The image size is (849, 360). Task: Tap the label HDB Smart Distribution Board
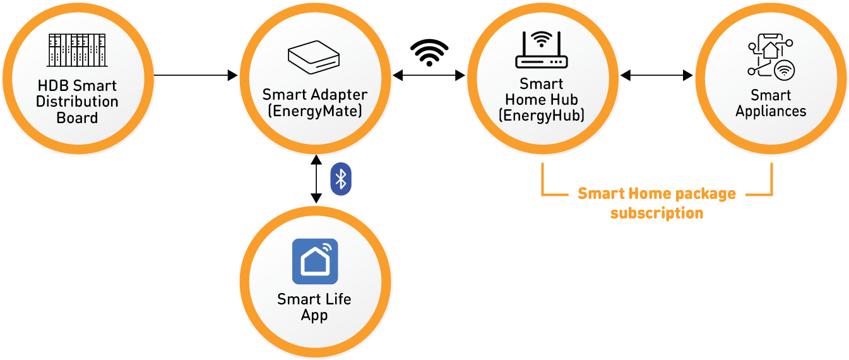point(77,102)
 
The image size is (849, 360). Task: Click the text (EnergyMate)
point(314,111)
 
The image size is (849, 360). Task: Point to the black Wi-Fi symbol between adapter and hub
point(429,52)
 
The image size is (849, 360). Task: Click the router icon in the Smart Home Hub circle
point(541,50)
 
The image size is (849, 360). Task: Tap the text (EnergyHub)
point(541,116)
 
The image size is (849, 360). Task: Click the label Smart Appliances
point(771,103)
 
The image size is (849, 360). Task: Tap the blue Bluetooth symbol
point(341,179)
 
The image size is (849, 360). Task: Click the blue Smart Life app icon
point(315,261)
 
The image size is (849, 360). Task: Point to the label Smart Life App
point(314,307)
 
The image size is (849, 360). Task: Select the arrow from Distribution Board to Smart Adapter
point(196,76)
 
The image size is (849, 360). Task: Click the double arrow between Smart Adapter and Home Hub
point(429,76)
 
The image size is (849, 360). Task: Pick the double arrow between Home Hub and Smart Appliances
point(656,76)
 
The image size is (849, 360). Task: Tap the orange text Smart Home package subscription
point(656,203)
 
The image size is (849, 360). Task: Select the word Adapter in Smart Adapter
point(336,95)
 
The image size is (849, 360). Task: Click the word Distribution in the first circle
point(77,102)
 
